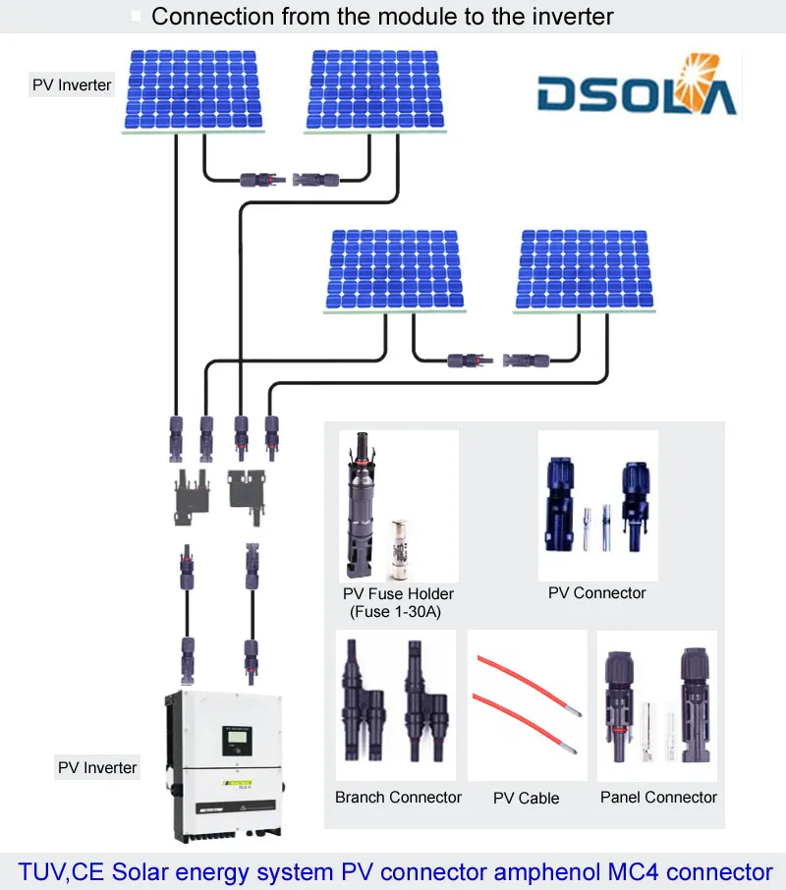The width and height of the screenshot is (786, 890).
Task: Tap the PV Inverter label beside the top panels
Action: [72, 85]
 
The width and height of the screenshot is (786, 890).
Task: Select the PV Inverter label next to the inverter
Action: [97, 767]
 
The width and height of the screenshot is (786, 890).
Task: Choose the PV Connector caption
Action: [597, 592]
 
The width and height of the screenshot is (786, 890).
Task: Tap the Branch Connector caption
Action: [398, 797]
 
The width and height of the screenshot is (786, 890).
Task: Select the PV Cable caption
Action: [526, 798]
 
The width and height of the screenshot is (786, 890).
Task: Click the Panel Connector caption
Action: [658, 797]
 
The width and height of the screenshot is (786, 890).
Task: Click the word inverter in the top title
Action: [564, 16]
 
